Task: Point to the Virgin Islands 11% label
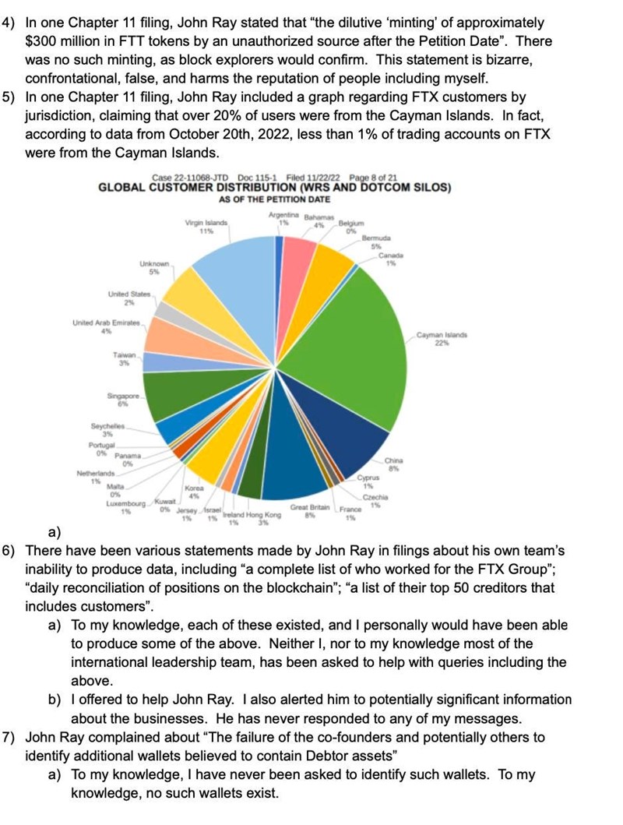coord(206,227)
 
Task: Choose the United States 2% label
coord(128,298)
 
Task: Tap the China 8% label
coord(393,465)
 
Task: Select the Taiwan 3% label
coord(125,359)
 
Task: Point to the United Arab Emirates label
coord(106,326)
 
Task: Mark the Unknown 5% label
coord(153,269)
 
